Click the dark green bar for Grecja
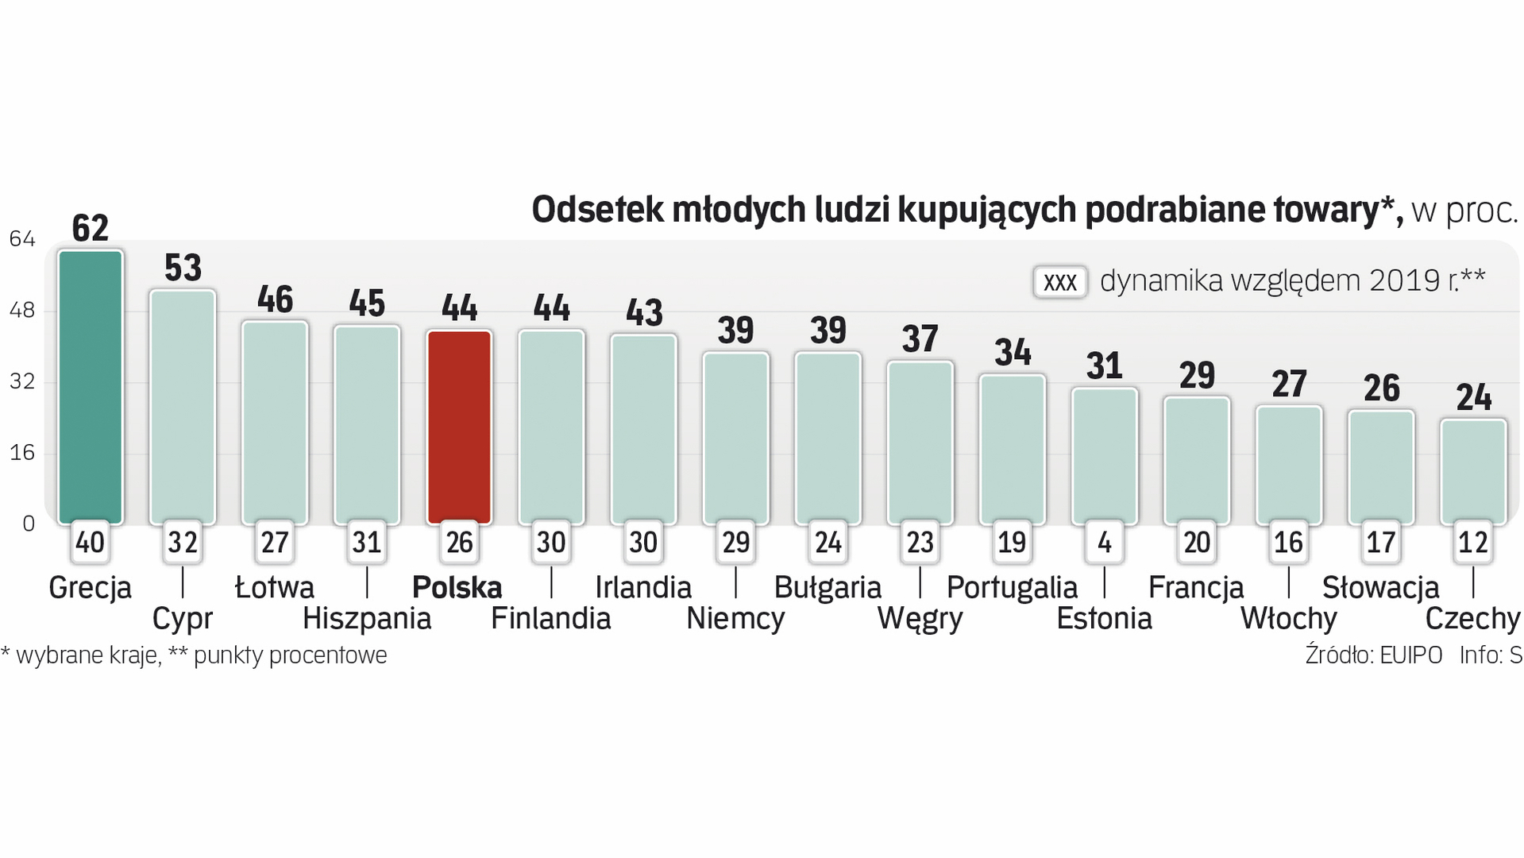(x=91, y=387)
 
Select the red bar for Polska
(x=460, y=427)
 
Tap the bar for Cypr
(x=183, y=406)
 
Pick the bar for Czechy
(x=1473, y=471)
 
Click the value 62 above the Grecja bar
(x=91, y=229)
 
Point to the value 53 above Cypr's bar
(x=183, y=269)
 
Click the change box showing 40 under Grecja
(x=91, y=543)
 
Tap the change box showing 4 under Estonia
(x=1105, y=543)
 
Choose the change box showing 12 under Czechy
(x=1473, y=543)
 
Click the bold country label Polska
(x=457, y=588)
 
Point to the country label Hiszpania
(x=367, y=619)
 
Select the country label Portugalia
(x=1012, y=588)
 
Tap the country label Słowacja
(x=1380, y=588)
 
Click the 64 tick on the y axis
(x=22, y=239)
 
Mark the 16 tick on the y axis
(x=22, y=453)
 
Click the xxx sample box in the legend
(x=1059, y=282)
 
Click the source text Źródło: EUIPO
(x=1373, y=655)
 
